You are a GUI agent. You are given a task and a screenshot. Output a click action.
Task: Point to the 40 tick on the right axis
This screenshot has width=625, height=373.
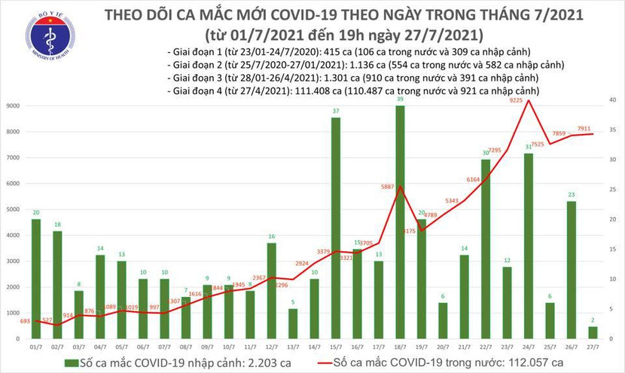(614, 100)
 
